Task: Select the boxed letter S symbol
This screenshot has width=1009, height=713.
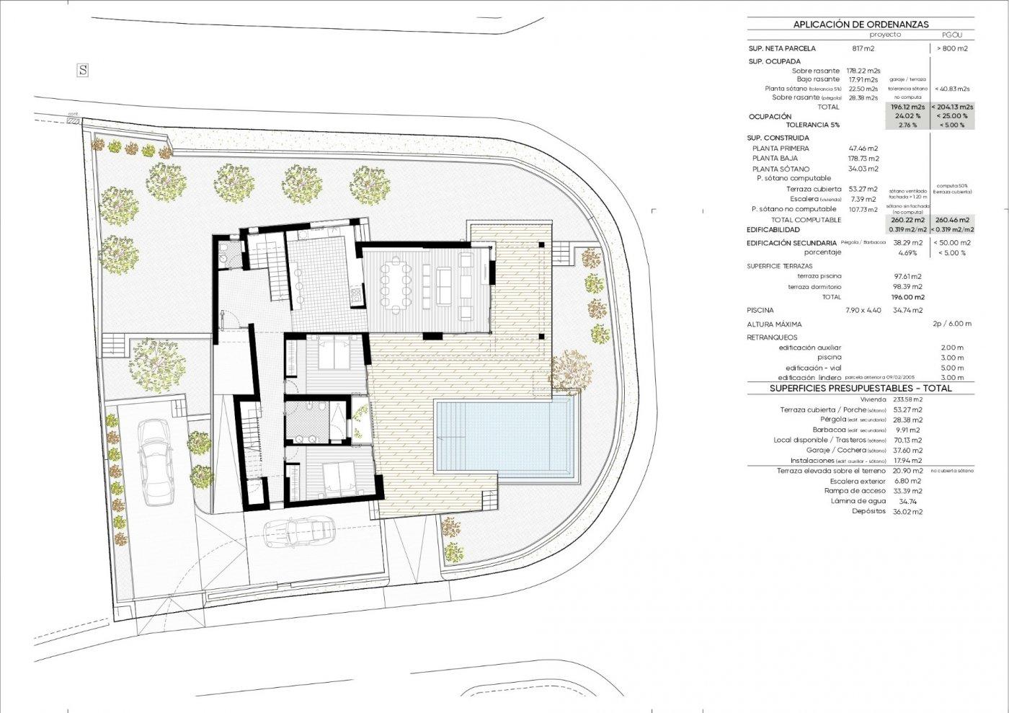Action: tap(84, 70)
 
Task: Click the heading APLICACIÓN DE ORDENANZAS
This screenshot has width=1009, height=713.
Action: tap(861, 24)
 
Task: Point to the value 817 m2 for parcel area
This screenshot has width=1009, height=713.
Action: tap(863, 49)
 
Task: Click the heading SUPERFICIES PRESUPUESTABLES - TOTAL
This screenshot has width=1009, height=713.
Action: tap(861, 388)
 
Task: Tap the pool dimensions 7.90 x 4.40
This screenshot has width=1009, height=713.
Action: tap(863, 310)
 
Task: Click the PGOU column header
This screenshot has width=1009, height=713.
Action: tap(952, 35)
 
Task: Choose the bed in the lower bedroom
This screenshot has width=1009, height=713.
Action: tap(334, 476)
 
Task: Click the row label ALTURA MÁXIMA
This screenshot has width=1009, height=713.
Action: tap(774, 324)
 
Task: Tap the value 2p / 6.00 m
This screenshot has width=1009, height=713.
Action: tap(951, 324)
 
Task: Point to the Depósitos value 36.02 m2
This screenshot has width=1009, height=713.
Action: tap(907, 512)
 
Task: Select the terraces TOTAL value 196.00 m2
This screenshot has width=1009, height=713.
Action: tap(907, 297)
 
